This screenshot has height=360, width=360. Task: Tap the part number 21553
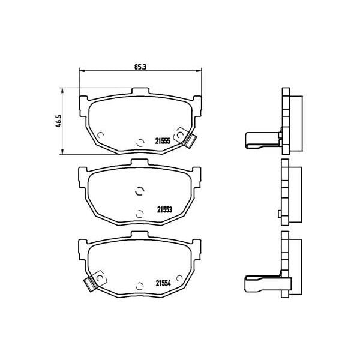tap(165, 209)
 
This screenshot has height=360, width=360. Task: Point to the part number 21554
tap(164, 283)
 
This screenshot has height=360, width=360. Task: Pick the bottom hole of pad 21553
tap(139, 212)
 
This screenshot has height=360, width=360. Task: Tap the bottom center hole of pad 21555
tap(139, 143)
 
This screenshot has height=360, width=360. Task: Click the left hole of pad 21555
tap(101, 134)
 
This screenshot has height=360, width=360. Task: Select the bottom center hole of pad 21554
tap(139, 286)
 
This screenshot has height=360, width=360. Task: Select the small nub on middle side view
tap(278, 213)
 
